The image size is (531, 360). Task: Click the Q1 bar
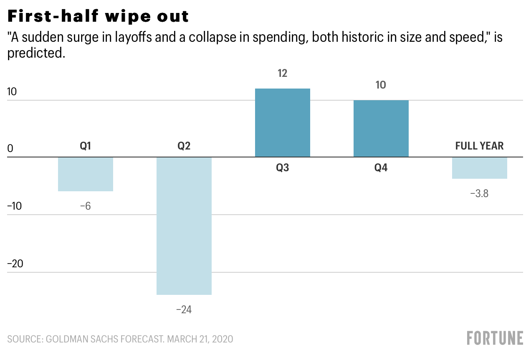[x=86, y=174]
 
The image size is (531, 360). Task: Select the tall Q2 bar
[x=184, y=226]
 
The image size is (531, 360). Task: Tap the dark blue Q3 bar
[x=283, y=123]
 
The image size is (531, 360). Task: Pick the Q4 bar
[x=381, y=129]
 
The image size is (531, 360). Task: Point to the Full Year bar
[x=480, y=168]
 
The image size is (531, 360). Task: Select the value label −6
[x=86, y=206]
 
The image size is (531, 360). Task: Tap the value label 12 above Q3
[x=283, y=74]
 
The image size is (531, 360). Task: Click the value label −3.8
[x=480, y=194]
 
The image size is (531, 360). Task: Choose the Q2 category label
[x=184, y=146]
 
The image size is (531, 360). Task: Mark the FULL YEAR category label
[x=480, y=146]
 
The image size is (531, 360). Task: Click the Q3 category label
[x=283, y=168]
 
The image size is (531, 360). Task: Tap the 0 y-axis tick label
[x=11, y=149]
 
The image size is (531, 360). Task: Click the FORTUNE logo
[x=495, y=338]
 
